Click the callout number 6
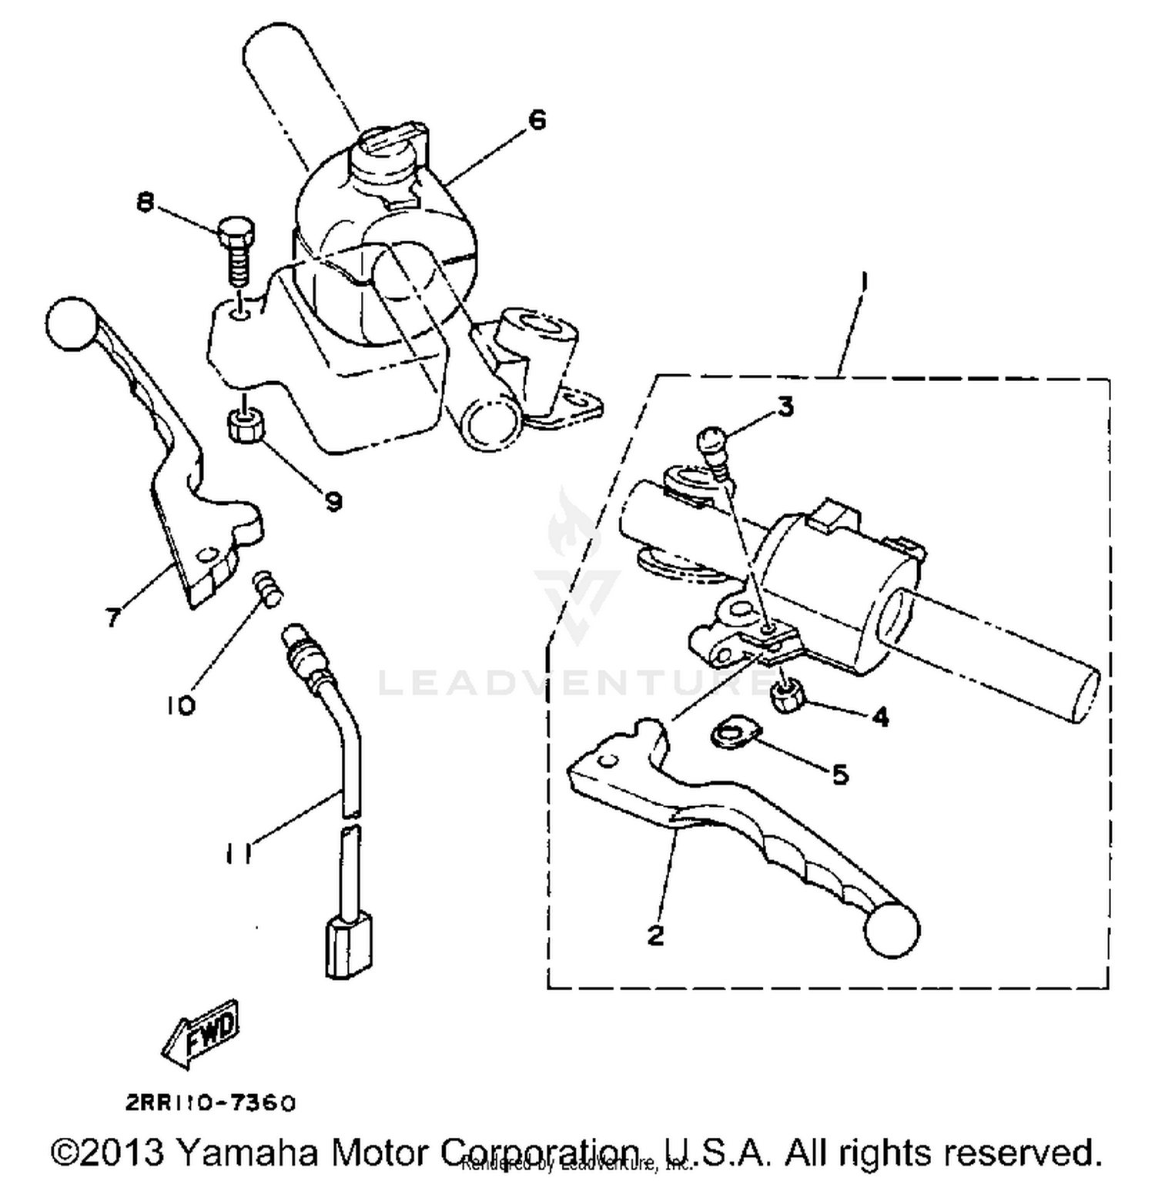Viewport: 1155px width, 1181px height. click(537, 120)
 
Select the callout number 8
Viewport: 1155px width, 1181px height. click(144, 202)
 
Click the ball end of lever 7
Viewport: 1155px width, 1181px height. click(71, 323)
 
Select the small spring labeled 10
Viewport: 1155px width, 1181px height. click(267, 588)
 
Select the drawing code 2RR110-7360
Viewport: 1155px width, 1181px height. click(209, 1103)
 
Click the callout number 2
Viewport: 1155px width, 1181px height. click(654, 935)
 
